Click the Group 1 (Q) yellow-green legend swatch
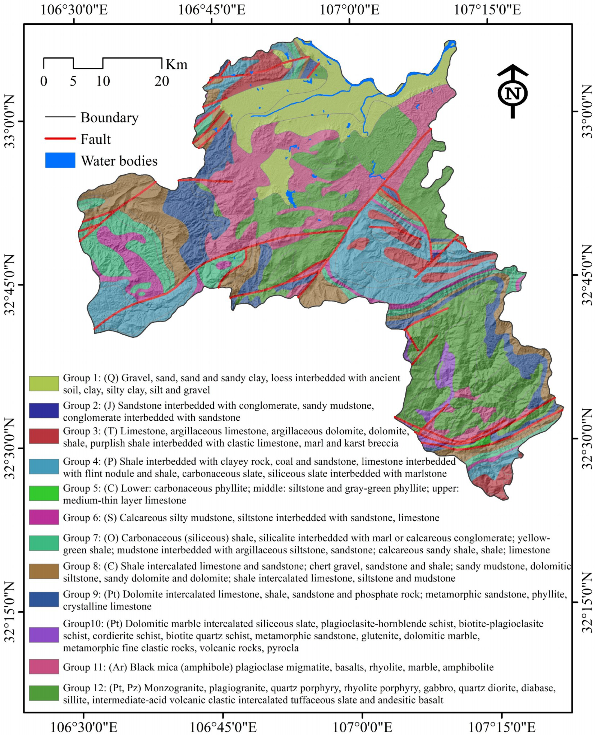(x=44, y=383)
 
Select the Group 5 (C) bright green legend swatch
(x=44, y=493)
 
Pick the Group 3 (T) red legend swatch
(x=44, y=436)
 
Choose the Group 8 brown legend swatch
(x=44, y=571)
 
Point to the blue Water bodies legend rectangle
(x=60, y=160)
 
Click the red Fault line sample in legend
(x=60, y=139)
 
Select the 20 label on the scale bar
(x=162, y=81)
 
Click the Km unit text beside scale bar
(x=177, y=64)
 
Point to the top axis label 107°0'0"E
(x=349, y=10)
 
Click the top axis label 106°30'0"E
(x=74, y=10)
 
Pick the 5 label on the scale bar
(x=73, y=81)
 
